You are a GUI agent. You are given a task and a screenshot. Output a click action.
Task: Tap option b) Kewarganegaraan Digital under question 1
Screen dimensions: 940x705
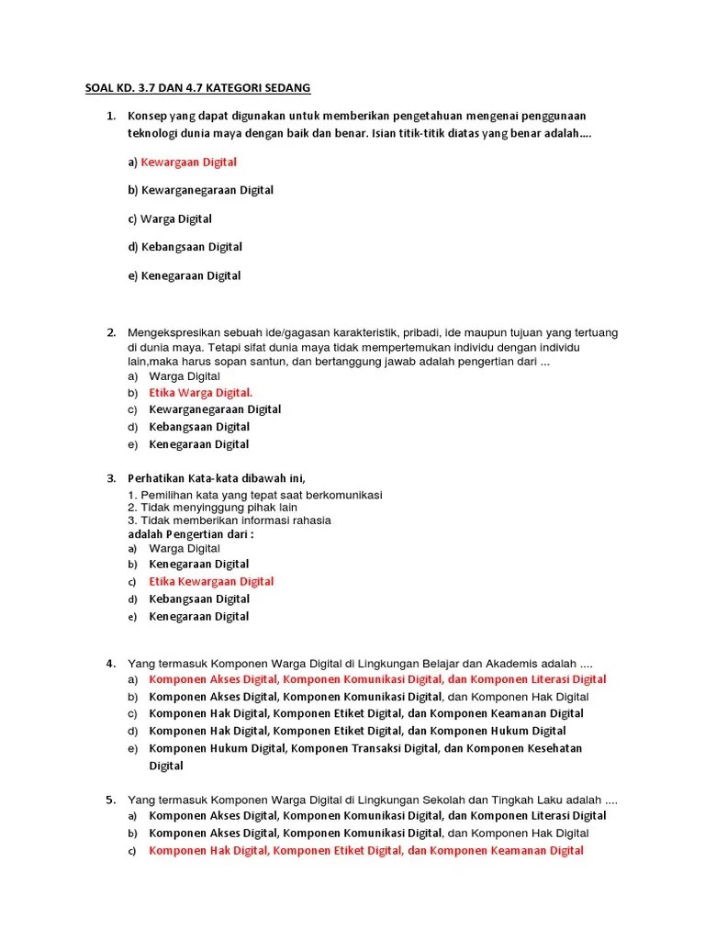pyautogui.click(x=207, y=191)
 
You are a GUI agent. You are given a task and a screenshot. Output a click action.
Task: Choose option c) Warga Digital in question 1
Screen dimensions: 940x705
pyautogui.click(x=175, y=219)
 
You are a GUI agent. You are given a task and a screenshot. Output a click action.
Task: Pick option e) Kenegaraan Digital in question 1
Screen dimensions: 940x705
pyautogui.click(x=190, y=276)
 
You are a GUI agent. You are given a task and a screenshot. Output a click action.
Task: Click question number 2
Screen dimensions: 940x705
pyautogui.click(x=110, y=332)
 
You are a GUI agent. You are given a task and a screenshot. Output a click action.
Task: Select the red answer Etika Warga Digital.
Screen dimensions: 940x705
pyautogui.click(x=200, y=393)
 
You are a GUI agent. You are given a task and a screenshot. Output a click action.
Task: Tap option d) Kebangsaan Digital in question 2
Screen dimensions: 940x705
pyautogui.click(x=199, y=427)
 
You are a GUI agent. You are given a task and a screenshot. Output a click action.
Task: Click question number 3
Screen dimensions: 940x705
pyautogui.click(x=110, y=478)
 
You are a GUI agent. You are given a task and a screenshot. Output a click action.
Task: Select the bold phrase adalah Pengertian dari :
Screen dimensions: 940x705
pyautogui.click(x=190, y=534)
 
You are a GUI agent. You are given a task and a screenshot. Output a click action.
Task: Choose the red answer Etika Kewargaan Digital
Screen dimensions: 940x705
pyautogui.click(x=211, y=582)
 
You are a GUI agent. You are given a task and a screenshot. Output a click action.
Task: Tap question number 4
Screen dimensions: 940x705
pyautogui.click(x=110, y=664)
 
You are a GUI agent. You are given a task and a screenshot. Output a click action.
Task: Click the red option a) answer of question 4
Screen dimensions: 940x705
pyautogui.click(x=377, y=680)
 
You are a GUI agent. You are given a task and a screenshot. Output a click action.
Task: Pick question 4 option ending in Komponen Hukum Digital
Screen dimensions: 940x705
pyautogui.click(x=357, y=732)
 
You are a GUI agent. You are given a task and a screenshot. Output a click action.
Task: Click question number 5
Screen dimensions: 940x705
pyautogui.click(x=110, y=800)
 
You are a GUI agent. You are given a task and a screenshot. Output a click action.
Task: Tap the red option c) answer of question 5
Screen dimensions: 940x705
pyautogui.click(x=365, y=851)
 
